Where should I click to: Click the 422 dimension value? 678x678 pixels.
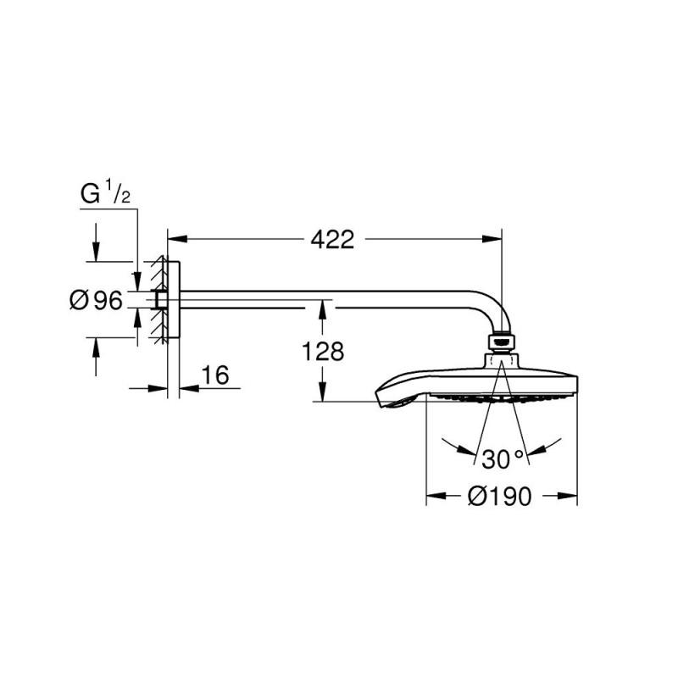(331, 240)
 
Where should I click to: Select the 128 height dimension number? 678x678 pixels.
(323, 351)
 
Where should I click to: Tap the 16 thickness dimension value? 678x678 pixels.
(216, 375)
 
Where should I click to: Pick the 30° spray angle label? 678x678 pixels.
(503, 459)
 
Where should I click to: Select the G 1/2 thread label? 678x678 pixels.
(105, 194)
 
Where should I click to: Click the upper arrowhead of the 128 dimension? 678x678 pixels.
(322, 308)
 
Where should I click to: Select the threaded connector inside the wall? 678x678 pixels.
(158, 298)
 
